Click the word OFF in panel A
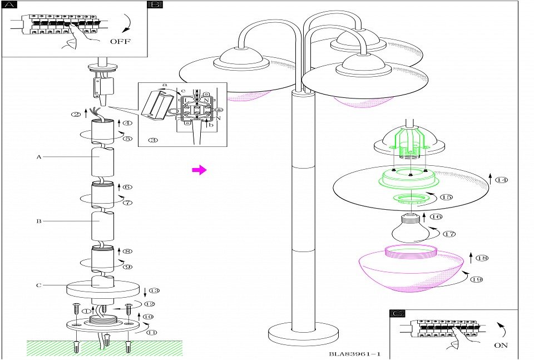(x=120, y=41)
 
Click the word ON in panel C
(x=501, y=345)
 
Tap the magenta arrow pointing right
(x=199, y=170)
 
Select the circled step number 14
(x=502, y=180)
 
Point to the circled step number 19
(x=476, y=279)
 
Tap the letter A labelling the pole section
(x=39, y=157)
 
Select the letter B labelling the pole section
(x=39, y=221)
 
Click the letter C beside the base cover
(x=39, y=285)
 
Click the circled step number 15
(x=446, y=197)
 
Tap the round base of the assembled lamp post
(x=303, y=334)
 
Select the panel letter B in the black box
(x=155, y=4)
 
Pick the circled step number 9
(x=127, y=267)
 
